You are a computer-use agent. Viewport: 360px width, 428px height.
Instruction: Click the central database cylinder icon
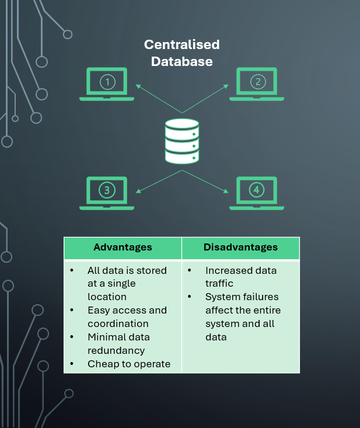pos(182,141)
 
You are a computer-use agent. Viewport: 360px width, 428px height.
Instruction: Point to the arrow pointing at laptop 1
pos(159,99)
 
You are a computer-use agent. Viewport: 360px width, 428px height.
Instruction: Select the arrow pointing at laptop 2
pos(205,99)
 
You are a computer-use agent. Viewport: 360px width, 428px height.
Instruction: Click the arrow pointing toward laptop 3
pos(159,181)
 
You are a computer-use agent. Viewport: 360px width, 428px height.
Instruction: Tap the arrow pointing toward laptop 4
pos(205,181)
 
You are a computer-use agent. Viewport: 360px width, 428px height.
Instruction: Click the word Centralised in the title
pos(182,45)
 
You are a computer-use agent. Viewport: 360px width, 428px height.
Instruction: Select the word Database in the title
pos(182,61)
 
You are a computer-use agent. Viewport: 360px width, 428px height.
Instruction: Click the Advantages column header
pos(123,248)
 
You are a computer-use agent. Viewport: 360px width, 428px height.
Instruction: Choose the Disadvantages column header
pos(240,248)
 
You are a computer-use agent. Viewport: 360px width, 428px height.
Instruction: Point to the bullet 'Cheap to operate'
pos(129,364)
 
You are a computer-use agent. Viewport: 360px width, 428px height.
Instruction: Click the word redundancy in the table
pos(116,350)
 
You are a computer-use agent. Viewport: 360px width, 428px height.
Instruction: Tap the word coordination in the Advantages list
pos(118,323)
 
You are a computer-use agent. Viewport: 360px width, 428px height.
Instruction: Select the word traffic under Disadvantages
pos(219,283)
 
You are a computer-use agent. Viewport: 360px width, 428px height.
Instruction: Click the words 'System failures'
pos(242,297)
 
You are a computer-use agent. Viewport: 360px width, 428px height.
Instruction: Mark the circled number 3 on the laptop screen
pos(107,190)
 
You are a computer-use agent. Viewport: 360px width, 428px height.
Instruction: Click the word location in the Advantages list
pos(107,297)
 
